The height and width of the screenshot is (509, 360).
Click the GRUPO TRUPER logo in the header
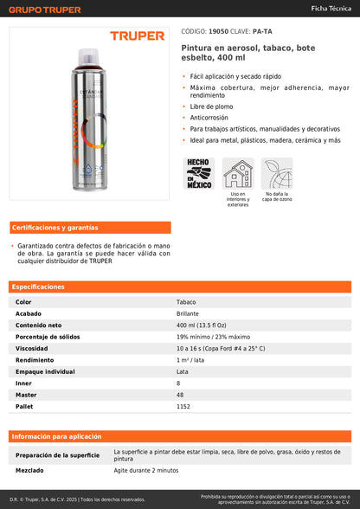click(x=45, y=10)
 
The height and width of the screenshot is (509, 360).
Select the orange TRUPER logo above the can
click(x=137, y=36)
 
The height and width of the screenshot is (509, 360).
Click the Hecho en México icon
click(x=199, y=173)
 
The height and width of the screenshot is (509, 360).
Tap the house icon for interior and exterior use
click(x=238, y=173)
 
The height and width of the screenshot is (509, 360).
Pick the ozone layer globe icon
click(x=277, y=173)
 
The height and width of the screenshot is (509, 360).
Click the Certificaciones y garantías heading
click(x=55, y=228)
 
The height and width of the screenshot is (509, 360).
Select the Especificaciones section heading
click(x=38, y=287)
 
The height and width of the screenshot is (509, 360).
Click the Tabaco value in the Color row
click(x=187, y=301)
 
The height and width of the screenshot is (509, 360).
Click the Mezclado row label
click(x=31, y=470)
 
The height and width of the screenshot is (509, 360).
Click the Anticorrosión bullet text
click(x=213, y=117)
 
